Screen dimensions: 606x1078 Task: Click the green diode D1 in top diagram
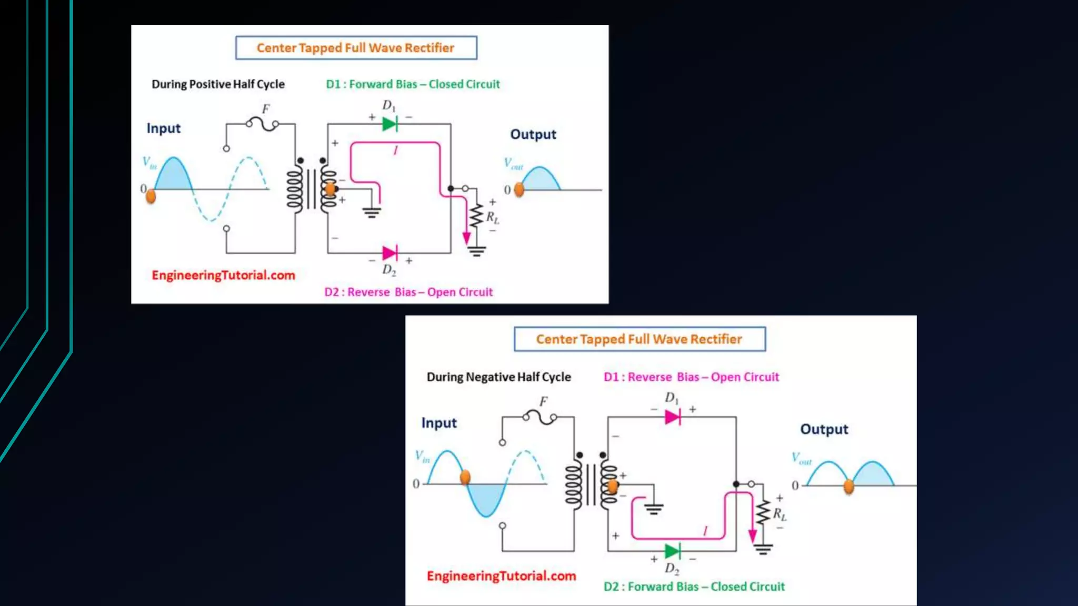tap(390, 124)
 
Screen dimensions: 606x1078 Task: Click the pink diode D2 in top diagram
tap(390, 253)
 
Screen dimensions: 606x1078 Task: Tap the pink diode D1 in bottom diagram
tap(673, 417)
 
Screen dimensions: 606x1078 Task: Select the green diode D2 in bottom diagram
tap(673, 551)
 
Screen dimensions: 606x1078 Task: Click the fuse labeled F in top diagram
tap(262, 124)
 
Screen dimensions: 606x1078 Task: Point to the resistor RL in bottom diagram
tap(763, 512)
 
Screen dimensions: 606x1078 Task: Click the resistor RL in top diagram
tap(476, 216)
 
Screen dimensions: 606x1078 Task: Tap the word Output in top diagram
tap(533, 134)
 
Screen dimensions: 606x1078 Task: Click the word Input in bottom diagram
tap(439, 423)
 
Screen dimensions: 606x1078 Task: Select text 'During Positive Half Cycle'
tap(218, 84)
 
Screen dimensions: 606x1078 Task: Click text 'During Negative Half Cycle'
tap(498, 377)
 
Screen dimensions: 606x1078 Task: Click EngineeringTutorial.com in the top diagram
tap(223, 275)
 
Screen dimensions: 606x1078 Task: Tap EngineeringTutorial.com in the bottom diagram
tap(501, 576)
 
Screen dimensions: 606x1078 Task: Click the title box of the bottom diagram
tap(639, 339)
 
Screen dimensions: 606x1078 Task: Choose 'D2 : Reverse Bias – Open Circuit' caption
tap(408, 292)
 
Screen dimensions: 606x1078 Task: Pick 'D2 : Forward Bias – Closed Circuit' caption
tap(694, 587)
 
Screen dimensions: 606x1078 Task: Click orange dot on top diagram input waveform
tap(151, 196)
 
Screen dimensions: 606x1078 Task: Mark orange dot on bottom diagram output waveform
tap(849, 487)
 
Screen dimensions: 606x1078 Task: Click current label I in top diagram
tap(395, 150)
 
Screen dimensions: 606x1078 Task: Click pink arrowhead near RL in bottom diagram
tap(753, 536)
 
